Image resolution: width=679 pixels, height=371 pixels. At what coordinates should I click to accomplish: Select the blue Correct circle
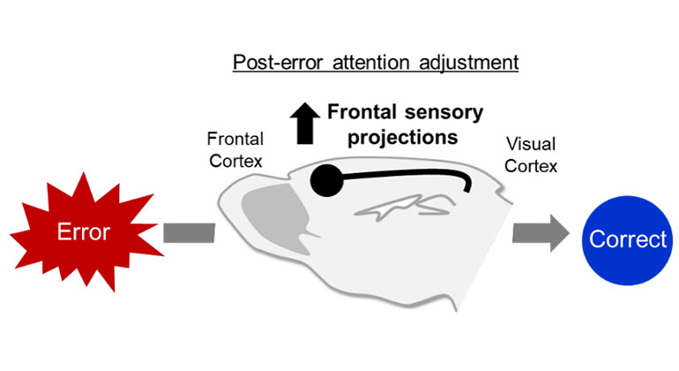tap(628, 238)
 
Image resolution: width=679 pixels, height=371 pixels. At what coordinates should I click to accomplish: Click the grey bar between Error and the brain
tap(189, 233)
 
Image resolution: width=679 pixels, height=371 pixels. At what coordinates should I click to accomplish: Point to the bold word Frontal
tap(362, 112)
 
